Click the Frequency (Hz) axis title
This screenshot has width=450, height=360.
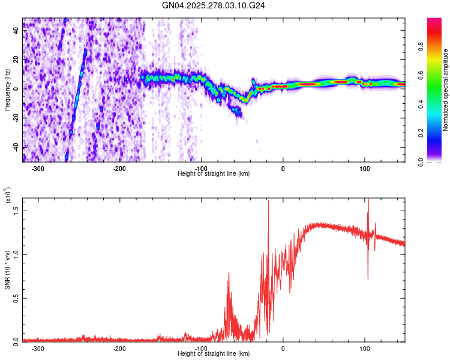pos(7,90)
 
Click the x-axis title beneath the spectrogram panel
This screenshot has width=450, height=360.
pos(214,174)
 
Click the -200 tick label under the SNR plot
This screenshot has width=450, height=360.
pos(119,348)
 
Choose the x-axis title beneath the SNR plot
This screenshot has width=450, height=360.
pos(214,353)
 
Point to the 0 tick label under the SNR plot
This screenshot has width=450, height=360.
pos(283,348)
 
